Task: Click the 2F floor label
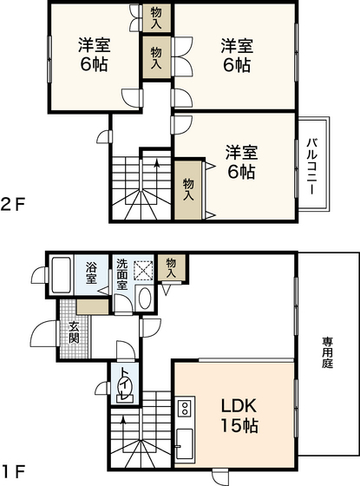click(x=13, y=206)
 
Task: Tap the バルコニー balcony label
click(x=311, y=162)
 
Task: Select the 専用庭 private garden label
click(x=329, y=352)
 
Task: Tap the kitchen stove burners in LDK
click(x=184, y=408)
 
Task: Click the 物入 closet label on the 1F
click(x=172, y=266)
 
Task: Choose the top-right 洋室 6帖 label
click(x=235, y=55)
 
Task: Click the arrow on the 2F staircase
click(x=156, y=161)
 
